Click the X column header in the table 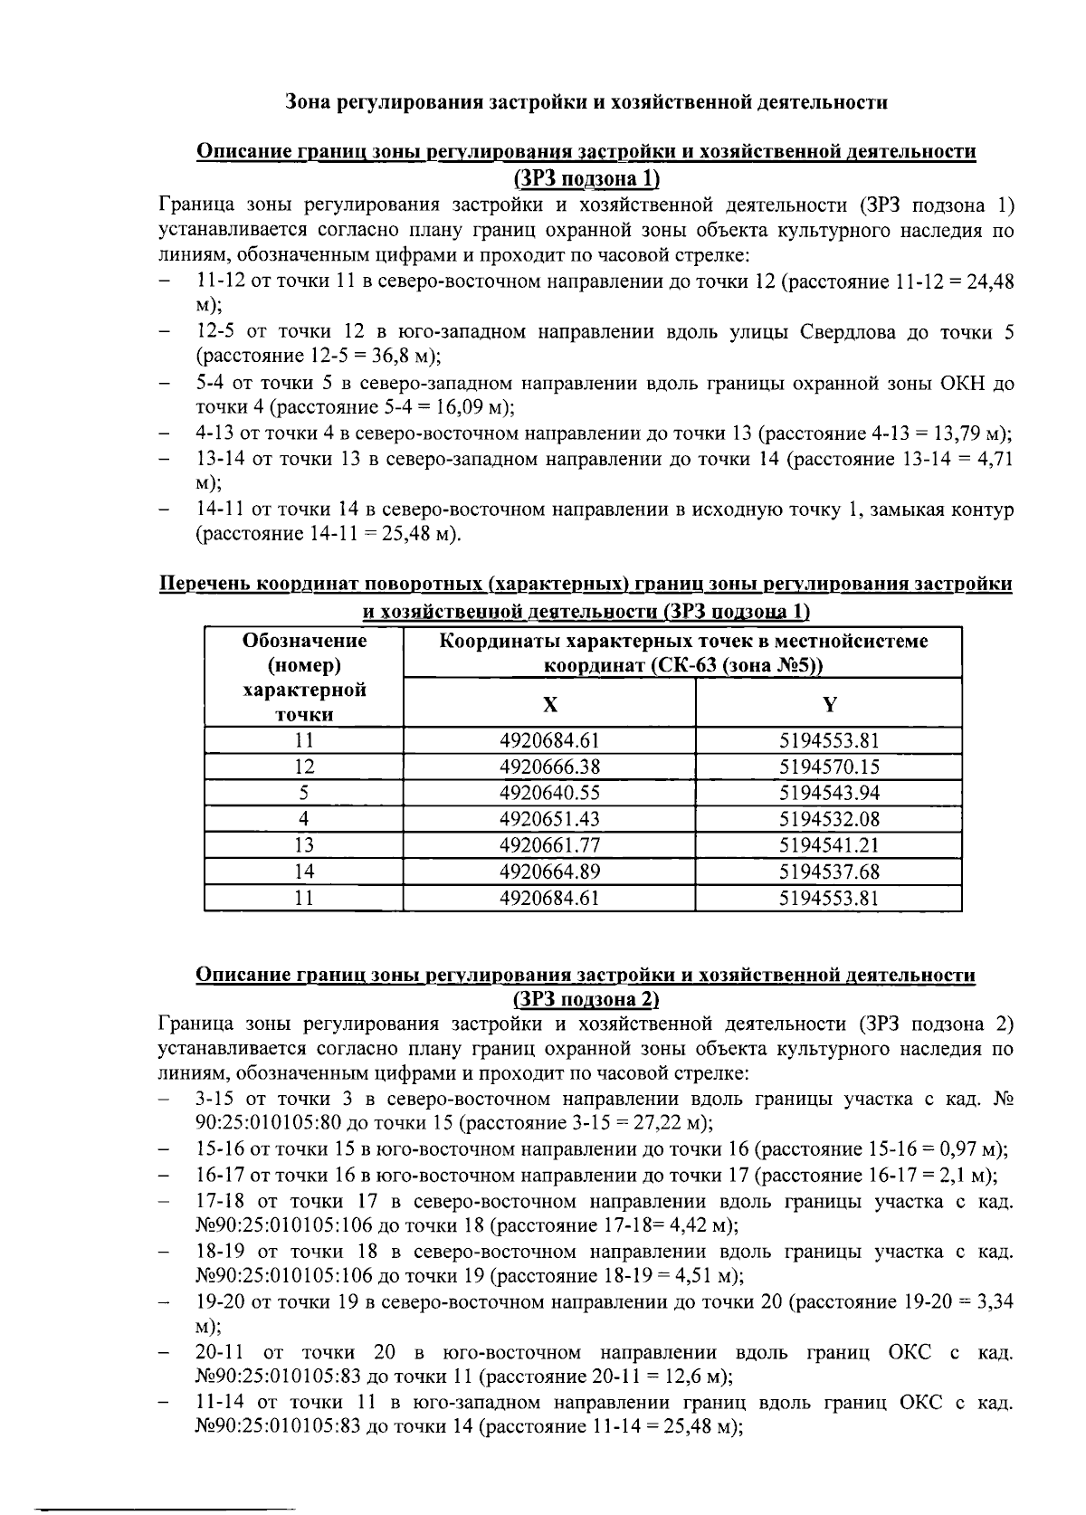click(x=549, y=704)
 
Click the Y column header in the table click(x=829, y=704)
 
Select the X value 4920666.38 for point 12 click(x=549, y=767)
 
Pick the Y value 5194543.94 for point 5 click(x=829, y=793)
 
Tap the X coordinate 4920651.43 click(x=549, y=819)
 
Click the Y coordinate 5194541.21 click(x=829, y=845)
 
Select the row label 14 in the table click(x=304, y=872)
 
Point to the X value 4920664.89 click(x=549, y=872)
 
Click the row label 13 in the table click(x=304, y=845)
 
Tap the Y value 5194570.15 click(x=829, y=767)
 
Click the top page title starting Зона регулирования click(x=586, y=101)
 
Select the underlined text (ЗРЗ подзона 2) click(x=586, y=999)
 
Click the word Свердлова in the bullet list click(x=843, y=331)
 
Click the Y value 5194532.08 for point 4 click(x=829, y=819)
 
